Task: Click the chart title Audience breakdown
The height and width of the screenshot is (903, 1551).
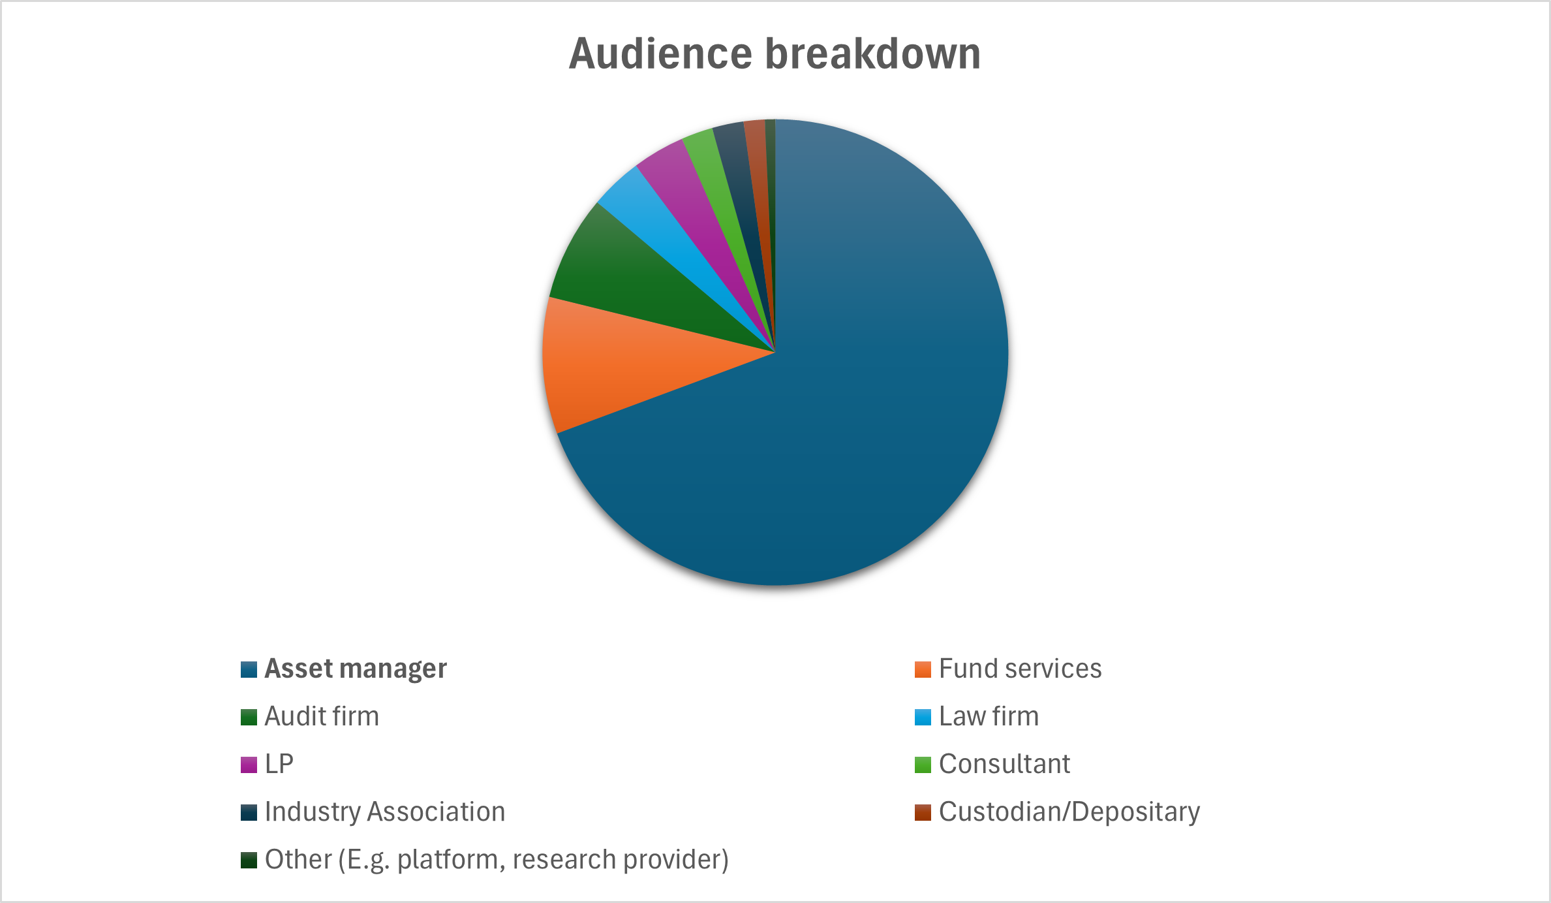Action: (x=775, y=54)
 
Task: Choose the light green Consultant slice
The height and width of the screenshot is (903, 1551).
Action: (x=718, y=170)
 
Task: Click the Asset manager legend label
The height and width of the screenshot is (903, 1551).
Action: (x=356, y=669)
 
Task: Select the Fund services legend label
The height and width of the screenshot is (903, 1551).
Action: (x=1020, y=669)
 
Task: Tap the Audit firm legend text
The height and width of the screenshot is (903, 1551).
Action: (x=322, y=716)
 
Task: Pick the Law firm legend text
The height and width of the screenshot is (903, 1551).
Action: (x=989, y=716)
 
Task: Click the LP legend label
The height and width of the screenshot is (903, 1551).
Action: (x=279, y=764)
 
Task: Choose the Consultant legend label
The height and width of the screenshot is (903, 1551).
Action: (x=1004, y=764)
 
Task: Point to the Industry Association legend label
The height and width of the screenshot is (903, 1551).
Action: (x=385, y=812)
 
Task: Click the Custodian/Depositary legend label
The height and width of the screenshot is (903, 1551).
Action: (x=1069, y=812)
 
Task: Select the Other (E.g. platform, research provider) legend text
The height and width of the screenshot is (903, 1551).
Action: (x=497, y=859)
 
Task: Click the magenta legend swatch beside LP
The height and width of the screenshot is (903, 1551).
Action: (x=249, y=765)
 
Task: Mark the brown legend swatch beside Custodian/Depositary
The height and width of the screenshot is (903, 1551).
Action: (x=923, y=812)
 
